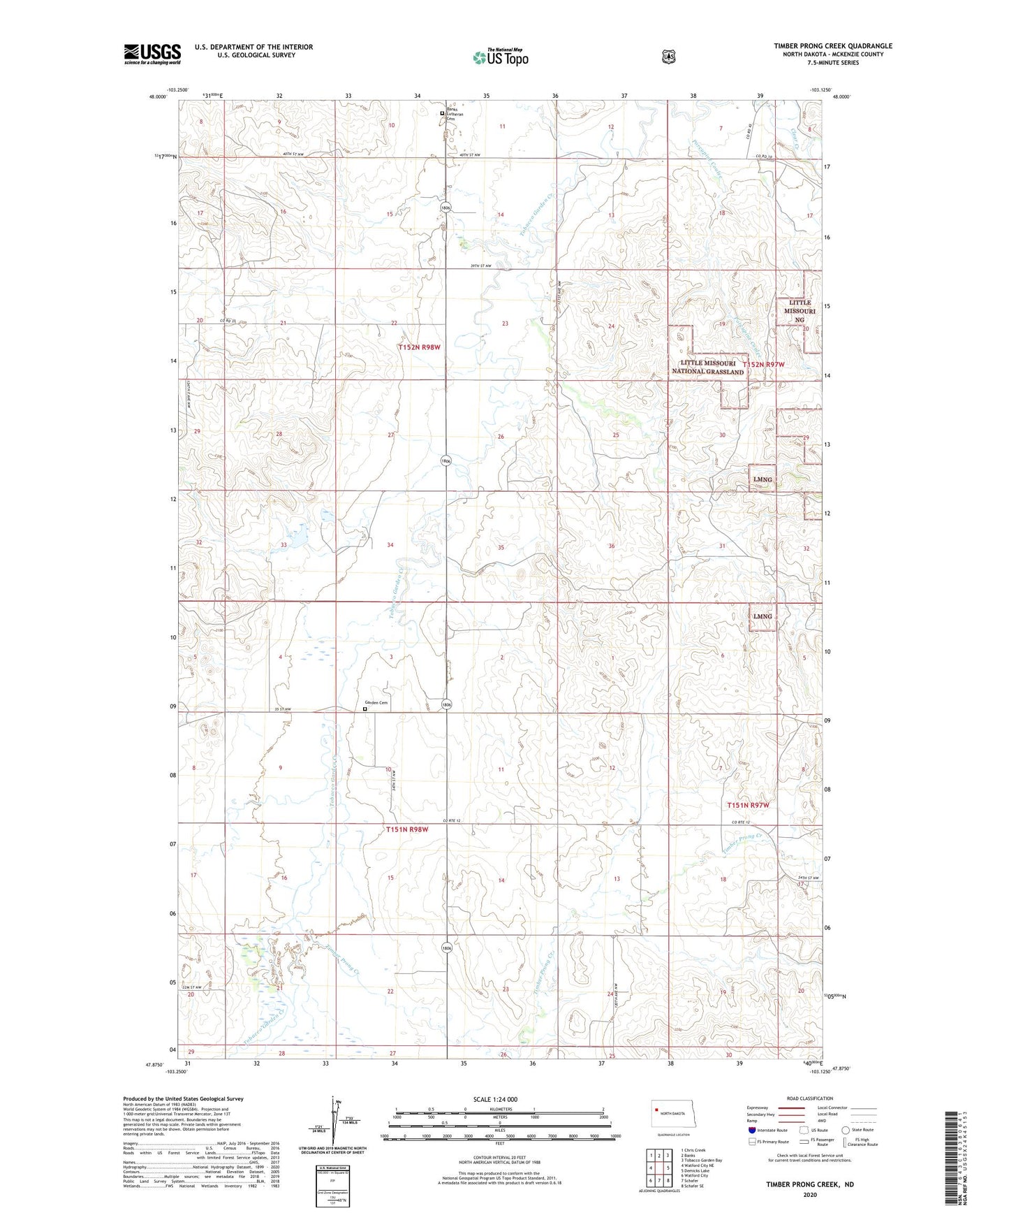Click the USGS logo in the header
[x=152, y=54]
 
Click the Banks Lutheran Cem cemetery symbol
[x=442, y=113]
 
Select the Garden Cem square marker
[x=364, y=709]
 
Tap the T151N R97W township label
[x=748, y=805]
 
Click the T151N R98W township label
[x=407, y=829]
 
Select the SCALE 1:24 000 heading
[x=495, y=1099]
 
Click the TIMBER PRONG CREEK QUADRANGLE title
[x=832, y=46]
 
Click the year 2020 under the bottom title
[x=809, y=1194]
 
